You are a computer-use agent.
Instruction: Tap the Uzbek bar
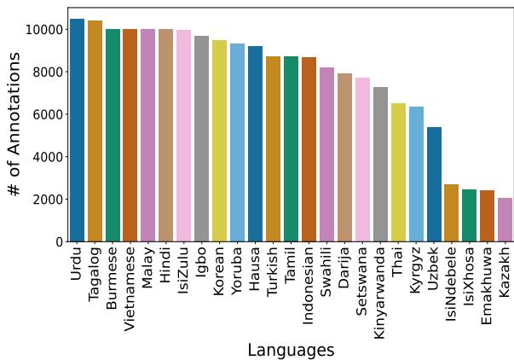click(x=434, y=184)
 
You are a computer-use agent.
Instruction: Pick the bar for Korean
click(x=219, y=141)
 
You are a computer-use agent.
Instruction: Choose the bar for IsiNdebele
click(x=451, y=213)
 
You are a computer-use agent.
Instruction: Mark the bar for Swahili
click(x=326, y=154)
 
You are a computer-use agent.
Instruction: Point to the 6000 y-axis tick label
click(x=48, y=114)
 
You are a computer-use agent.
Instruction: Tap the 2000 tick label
click(x=48, y=200)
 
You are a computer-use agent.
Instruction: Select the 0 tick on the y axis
click(x=60, y=242)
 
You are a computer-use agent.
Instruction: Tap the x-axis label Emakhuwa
click(x=487, y=286)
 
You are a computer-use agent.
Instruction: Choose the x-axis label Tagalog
click(x=95, y=275)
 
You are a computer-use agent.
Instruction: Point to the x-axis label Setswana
click(x=362, y=281)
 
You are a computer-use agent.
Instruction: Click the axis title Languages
click(x=291, y=350)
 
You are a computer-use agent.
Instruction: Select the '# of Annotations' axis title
click(x=15, y=125)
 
